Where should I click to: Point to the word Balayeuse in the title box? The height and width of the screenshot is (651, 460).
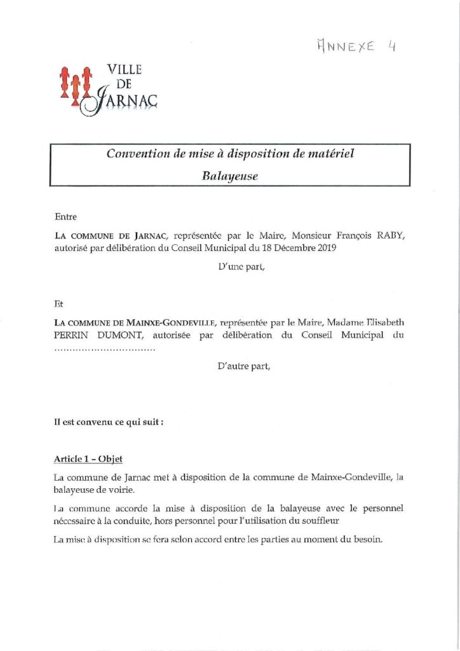(230, 176)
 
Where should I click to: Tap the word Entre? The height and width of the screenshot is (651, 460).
(65, 216)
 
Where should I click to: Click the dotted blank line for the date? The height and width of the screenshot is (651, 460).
(105, 348)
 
